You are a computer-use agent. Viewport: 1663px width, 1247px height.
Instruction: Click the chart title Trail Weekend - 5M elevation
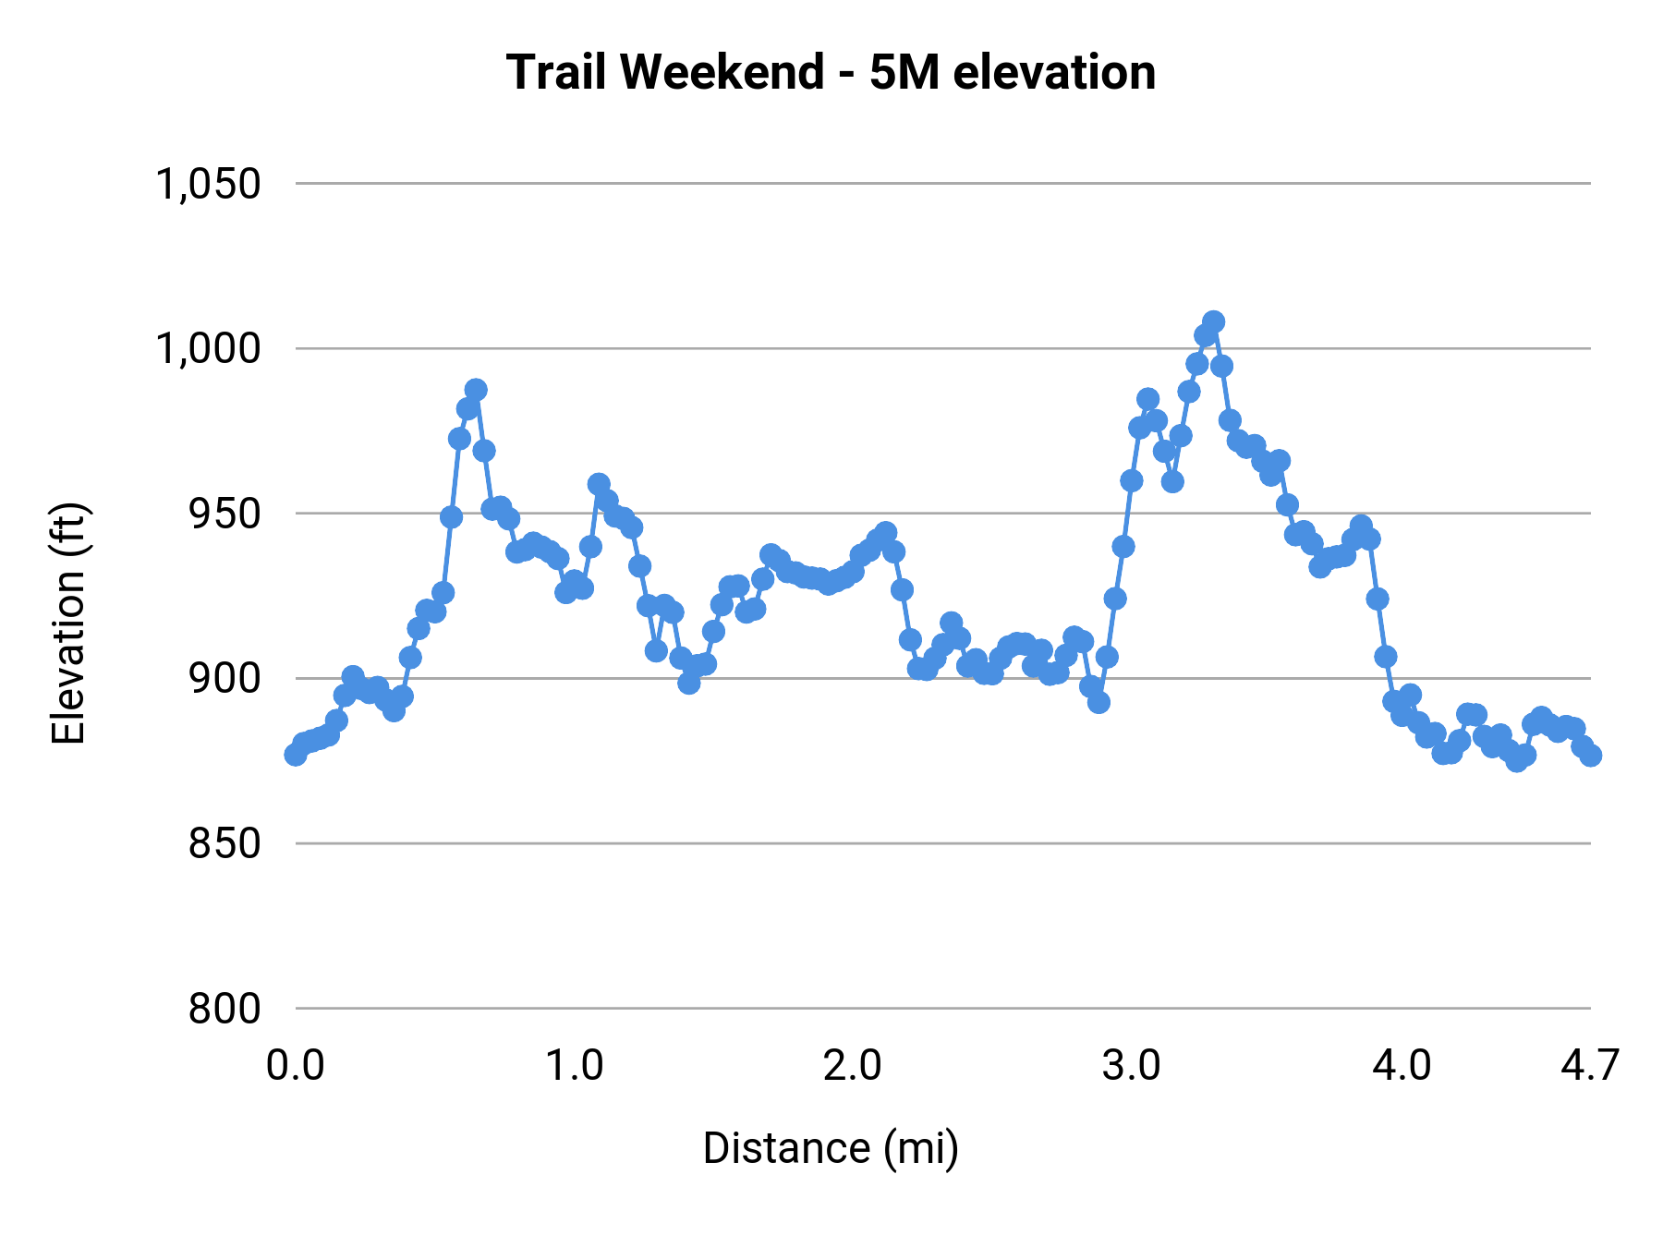[831, 72]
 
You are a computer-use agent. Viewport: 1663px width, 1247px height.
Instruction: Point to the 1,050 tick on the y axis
[208, 184]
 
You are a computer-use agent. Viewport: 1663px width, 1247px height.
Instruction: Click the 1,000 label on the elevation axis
[208, 349]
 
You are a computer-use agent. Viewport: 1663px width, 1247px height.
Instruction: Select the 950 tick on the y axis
[225, 514]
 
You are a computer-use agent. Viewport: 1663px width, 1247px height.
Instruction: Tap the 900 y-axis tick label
[225, 679]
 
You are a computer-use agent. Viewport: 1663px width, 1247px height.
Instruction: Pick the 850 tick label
[225, 843]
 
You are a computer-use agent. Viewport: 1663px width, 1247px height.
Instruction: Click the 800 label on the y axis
[225, 1009]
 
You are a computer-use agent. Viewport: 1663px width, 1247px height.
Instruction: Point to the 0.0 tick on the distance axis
[295, 1066]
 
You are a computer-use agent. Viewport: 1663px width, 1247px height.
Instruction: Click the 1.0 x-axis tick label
[574, 1066]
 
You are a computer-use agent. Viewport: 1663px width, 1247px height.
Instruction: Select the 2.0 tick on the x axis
[852, 1066]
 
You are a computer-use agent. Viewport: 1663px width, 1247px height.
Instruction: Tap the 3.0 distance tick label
[1131, 1066]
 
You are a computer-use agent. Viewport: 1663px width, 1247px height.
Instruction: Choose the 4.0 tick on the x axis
[1402, 1066]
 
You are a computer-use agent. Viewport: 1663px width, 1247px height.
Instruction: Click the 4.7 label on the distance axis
[1589, 1066]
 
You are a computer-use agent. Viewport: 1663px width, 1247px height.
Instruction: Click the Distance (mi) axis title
[831, 1148]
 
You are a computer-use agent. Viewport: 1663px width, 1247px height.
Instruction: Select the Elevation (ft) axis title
[68, 623]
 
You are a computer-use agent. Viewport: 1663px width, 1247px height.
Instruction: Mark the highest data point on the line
[1214, 321]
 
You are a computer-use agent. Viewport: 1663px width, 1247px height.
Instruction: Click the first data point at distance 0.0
[296, 755]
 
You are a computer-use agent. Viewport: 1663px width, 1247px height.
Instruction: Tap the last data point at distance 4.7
[1590, 756]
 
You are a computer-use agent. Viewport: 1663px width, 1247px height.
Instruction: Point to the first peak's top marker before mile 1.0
[476, 390]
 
